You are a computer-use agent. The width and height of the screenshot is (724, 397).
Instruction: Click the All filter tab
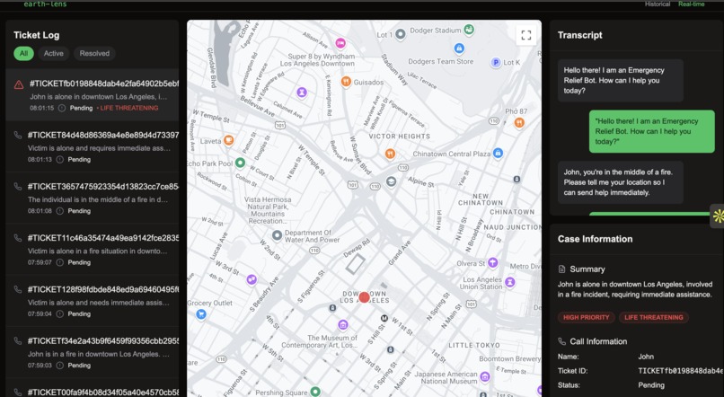[x=23, y=53]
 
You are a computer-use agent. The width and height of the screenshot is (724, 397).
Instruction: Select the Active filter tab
[x=54, y=53]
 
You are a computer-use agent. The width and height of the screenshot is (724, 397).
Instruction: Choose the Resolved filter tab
[x=94, y=53]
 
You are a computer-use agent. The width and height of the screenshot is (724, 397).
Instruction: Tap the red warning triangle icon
[x=19, y=84]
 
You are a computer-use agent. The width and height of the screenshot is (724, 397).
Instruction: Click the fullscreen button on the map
[x=526, y=35]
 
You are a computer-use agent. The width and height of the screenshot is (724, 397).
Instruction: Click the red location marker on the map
[x=364, y=297]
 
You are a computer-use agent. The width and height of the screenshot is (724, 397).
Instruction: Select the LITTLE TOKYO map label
[x=473, y=345]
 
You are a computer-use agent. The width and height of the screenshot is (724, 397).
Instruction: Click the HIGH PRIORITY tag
[x=586, y=317]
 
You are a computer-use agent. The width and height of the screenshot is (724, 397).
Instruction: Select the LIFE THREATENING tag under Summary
[x=653, y=317]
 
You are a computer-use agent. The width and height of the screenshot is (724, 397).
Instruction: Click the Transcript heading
[x=579, y=35]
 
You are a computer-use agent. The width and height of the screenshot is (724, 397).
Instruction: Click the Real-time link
[x=691, y=4]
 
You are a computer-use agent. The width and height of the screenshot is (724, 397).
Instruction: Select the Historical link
[x=657, y=4]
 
